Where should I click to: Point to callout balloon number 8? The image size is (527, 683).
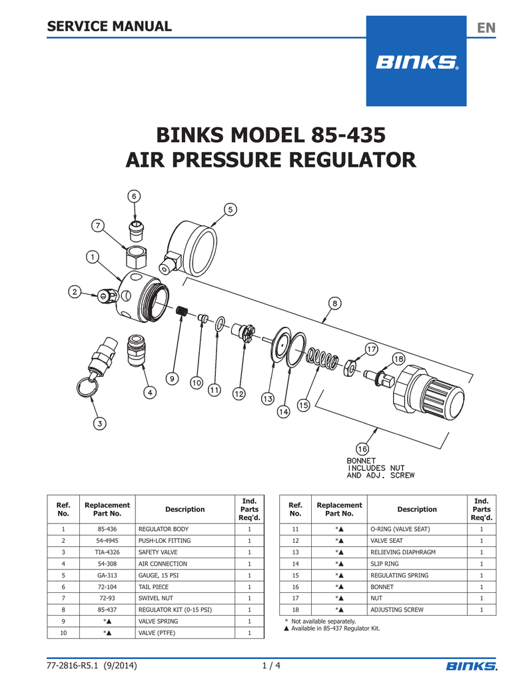coord(334,303)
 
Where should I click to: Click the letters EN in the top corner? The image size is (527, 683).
coord(486,27)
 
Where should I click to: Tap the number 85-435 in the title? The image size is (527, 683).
coord(347,137)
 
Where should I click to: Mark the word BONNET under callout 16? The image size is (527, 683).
coord(361,461)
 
